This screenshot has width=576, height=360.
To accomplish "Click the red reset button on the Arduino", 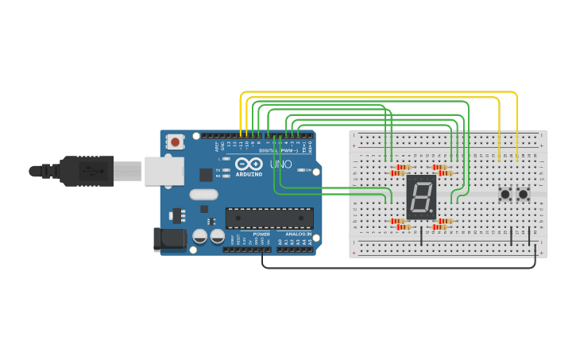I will [x=175, y=142].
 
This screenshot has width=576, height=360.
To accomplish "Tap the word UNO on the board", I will [x=280, y=165].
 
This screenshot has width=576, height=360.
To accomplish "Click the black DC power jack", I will [x=168, y=239].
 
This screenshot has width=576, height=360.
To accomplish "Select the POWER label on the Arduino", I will [x=261, y=234].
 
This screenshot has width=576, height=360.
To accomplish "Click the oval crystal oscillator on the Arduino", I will [x=203, y=194].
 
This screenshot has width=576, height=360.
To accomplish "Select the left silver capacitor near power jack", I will [x=199, y=237].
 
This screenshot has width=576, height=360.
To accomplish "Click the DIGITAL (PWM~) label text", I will [x=277, y=150].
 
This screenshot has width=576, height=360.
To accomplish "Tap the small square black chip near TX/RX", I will [x=207, y=174].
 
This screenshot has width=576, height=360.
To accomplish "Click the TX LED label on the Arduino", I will [x=218, y=170].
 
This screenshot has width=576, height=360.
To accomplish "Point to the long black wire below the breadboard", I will [x=397, y=267].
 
